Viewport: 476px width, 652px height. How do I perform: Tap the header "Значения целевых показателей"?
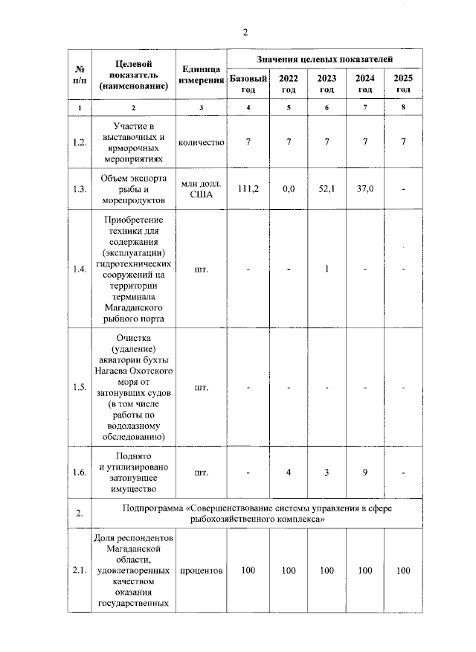(x=325, y=57)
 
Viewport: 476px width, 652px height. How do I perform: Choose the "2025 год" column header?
(x=403, y=83)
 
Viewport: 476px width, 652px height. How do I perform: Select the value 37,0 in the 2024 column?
(x=364, y=189)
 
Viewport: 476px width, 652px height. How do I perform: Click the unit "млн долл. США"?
(x=201, y=189)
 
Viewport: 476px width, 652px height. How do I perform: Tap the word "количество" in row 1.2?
(x=201, y=142)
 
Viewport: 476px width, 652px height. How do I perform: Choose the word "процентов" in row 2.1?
(x=201, y=571)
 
